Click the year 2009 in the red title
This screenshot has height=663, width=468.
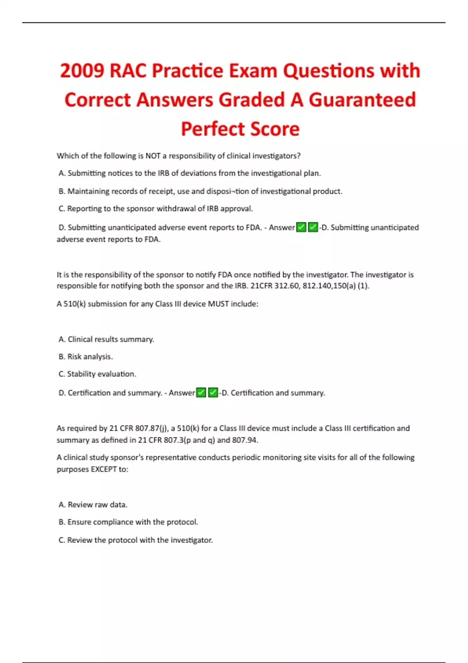click(82, 71)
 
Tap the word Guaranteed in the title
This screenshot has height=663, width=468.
click(362, 100)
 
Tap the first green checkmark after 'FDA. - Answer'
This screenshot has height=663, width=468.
click(301, 227)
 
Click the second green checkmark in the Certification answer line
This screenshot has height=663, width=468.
click(213, 392)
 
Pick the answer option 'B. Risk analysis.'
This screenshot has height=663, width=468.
click(86, 356)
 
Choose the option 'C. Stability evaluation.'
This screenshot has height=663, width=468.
click(97, 374)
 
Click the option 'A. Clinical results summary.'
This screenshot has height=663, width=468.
click(106, 339)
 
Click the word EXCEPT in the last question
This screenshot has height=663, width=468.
click(103, 469)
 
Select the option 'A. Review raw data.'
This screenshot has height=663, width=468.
click(93, 505)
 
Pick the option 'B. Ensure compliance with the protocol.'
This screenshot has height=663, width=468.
click(128, 522)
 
